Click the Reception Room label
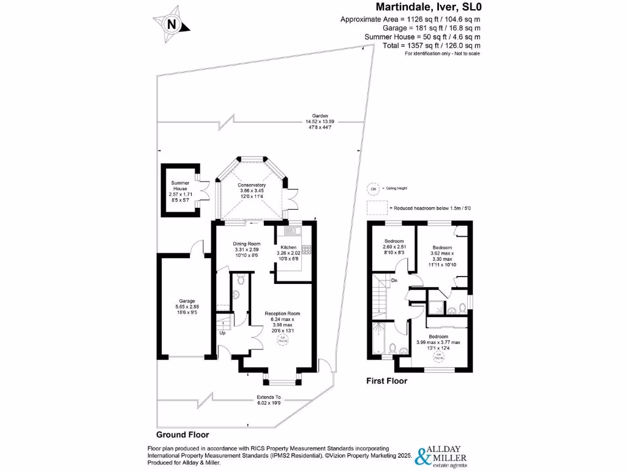[x=282, y=320]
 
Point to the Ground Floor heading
[x=182, y=435]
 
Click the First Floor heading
[x=386, y=381]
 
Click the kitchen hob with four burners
[x=306, y=250]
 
